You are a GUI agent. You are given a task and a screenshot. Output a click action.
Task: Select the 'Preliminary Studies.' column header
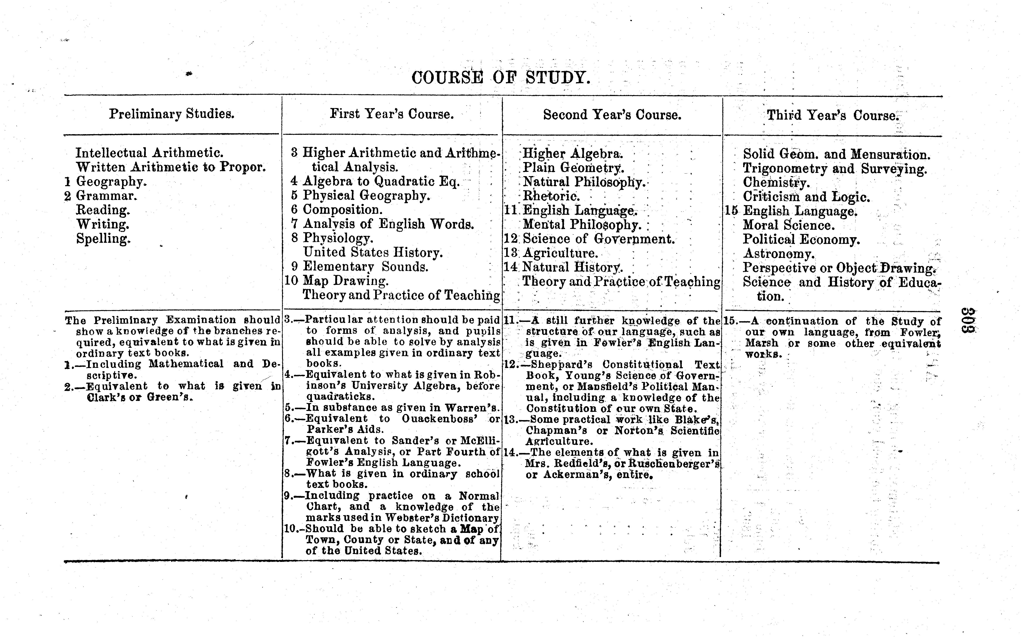click(172, 114)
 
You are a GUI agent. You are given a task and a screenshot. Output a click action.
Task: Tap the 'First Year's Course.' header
click(392, 114)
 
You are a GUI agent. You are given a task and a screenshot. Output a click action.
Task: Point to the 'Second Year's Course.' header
click(612, 115)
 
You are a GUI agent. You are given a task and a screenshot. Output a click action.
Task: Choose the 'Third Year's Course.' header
click(833, 115)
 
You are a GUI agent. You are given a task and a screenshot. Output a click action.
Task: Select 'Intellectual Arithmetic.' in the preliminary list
click(149, 152)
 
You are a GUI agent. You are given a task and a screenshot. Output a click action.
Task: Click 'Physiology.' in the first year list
click(338, 238)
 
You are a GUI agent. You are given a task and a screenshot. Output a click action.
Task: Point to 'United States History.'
click(373, 252)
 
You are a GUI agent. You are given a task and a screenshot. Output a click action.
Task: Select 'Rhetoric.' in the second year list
click(551, 196)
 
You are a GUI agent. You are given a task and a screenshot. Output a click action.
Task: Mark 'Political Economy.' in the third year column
click(801, 239)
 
